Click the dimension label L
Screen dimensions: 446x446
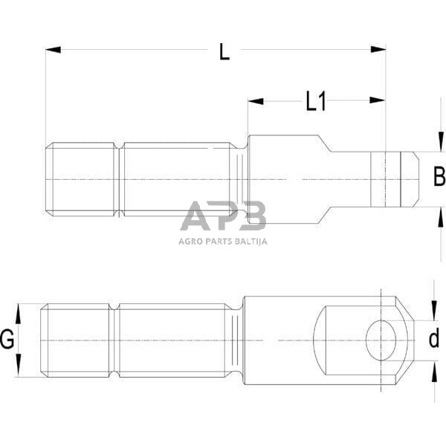pos(224,51)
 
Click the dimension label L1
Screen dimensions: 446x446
pos(316,101)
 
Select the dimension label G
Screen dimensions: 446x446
pos(7,339)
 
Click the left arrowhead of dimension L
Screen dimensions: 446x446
pos(54,50)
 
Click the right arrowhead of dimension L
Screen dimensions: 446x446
pos(378,50)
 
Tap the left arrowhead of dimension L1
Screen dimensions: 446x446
pos(256,101)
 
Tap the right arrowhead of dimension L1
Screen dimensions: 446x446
pos(378,100)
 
